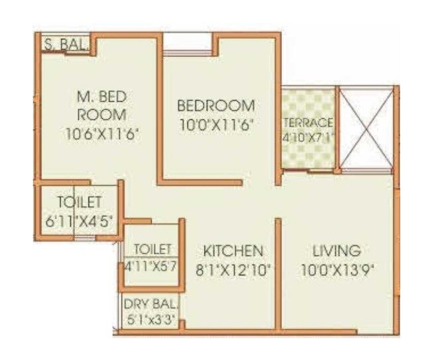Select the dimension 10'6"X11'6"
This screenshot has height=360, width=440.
105,133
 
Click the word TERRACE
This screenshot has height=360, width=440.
307,123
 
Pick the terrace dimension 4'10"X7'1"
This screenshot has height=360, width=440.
307,139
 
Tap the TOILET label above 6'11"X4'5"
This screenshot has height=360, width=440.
79,202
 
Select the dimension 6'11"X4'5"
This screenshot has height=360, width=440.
79,222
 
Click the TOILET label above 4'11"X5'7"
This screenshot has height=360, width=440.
152,249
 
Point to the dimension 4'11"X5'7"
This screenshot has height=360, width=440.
152,268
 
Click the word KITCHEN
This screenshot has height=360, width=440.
233,251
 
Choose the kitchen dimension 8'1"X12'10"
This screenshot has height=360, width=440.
233,269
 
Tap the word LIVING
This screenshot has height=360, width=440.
337,251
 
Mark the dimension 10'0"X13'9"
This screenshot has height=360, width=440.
337,269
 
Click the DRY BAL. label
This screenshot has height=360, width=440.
150,305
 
